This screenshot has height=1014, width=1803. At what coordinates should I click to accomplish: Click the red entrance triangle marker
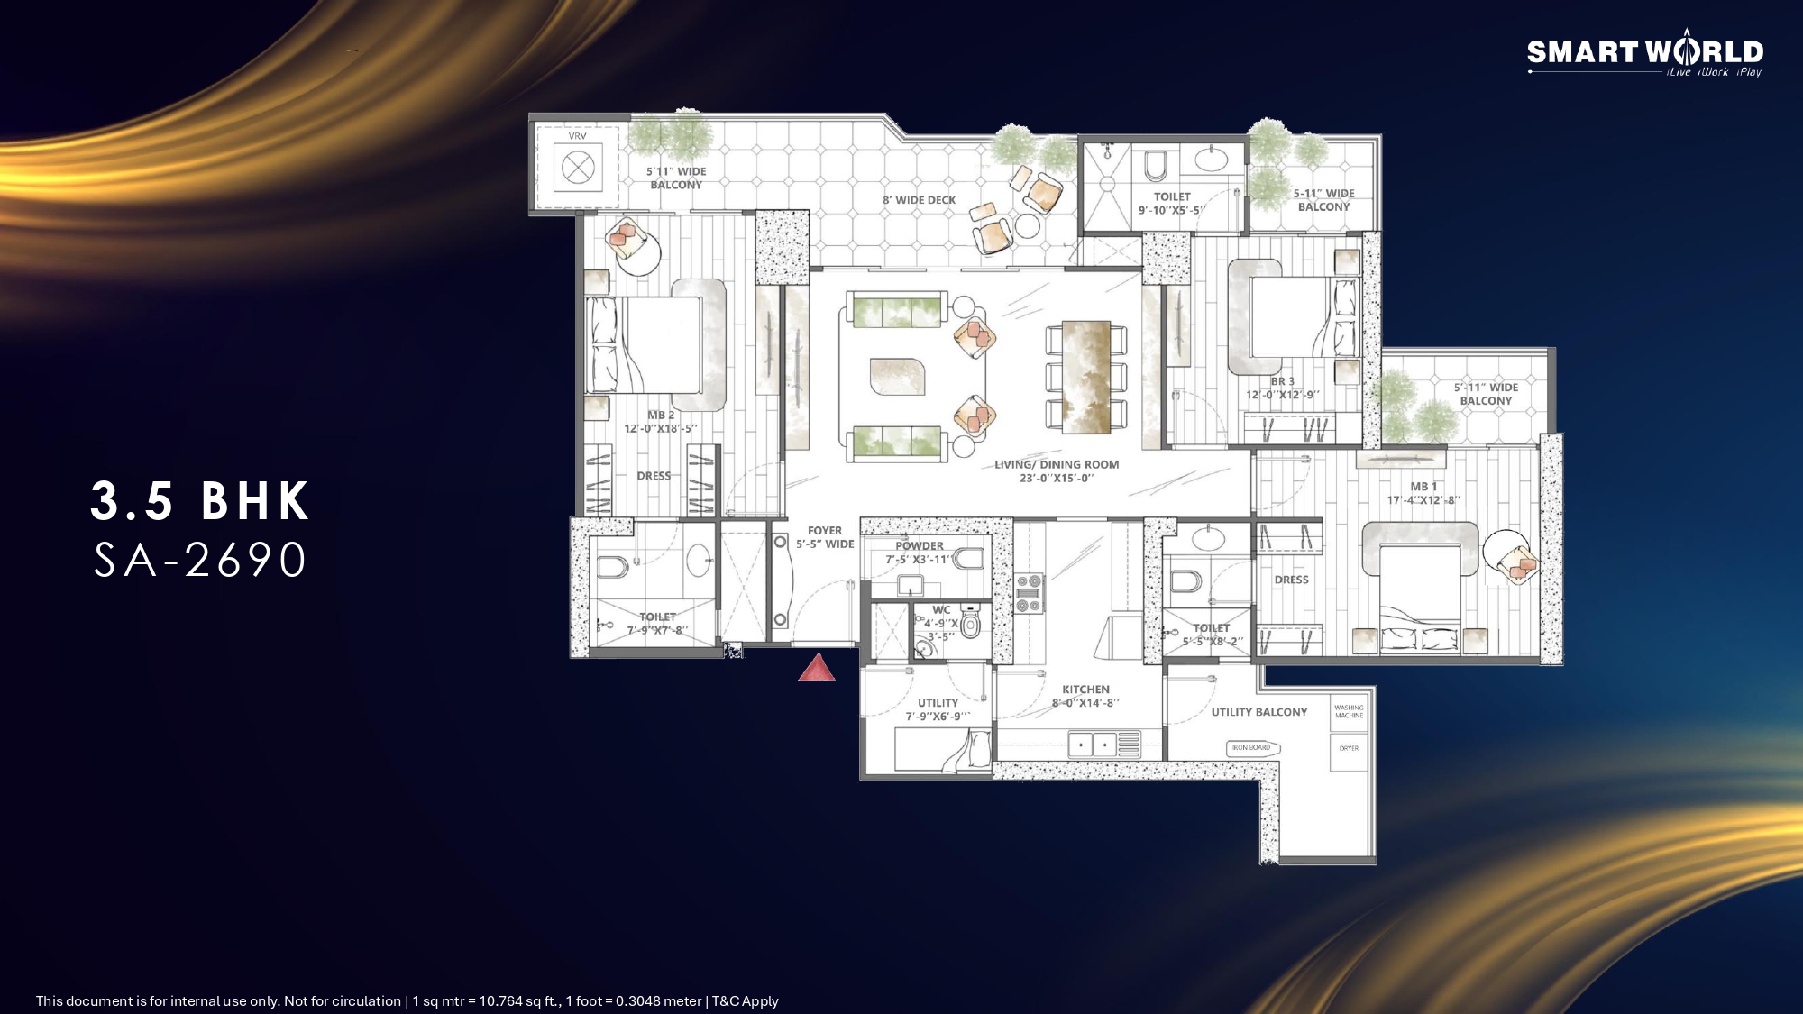tap(817, 668)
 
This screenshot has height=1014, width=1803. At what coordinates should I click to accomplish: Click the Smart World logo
tap(1644, 55)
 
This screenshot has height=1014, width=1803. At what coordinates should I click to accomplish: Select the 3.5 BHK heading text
tap(200, 501)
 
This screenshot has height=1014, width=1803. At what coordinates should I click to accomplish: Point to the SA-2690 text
tap(200, 560)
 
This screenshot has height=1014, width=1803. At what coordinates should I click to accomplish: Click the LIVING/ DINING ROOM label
tap(1057, 470)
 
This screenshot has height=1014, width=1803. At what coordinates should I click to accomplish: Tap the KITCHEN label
tap(1085, 695)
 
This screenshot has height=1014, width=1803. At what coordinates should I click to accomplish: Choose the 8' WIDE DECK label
tap(919, 200)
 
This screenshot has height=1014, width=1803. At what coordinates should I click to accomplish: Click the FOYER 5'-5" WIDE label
tap(824, 537)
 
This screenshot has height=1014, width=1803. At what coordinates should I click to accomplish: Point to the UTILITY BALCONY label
tap(1258, 712)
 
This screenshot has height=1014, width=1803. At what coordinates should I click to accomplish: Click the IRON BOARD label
tap(1251, 747)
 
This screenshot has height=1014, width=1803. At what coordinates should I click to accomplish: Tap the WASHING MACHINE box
tap(1349, 711)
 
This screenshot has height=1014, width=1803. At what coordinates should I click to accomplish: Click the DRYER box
tap(1349, 749)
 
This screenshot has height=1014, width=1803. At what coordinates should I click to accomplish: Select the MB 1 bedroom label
tap(1423, 493)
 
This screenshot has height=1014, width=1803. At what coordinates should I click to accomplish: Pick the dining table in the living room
tap(1085, 377)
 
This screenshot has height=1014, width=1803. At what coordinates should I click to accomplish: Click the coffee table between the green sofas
tap(896, 376)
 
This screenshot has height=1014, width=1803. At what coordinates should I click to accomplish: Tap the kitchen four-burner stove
tap(1029, 593)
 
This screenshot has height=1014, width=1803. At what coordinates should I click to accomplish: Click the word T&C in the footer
tap(722, 1000)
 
